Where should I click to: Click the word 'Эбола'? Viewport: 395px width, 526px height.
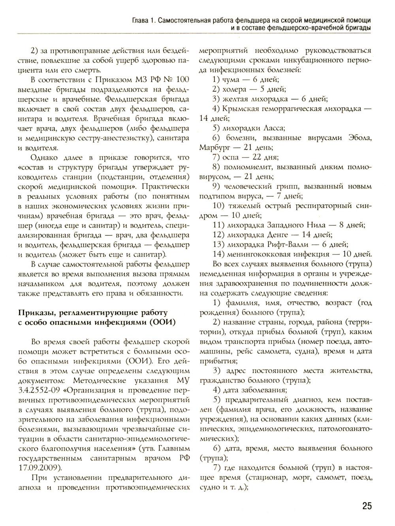click(x=358, y=138)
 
